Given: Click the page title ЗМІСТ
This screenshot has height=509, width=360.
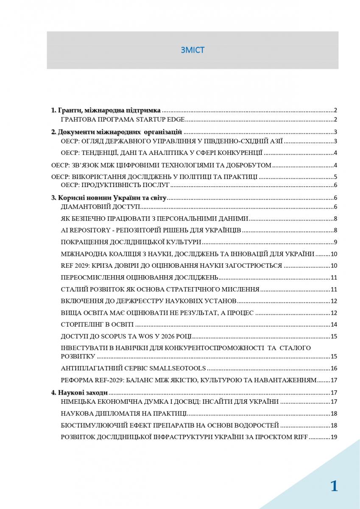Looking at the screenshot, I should click(192, 50).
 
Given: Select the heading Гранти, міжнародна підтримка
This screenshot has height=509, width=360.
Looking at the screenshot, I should click(106, 110).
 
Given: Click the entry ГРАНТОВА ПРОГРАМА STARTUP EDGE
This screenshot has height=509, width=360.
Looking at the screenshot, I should click(122, 120).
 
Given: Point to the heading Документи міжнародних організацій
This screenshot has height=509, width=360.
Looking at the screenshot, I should click(117, 132).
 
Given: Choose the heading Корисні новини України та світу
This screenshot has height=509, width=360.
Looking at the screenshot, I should click(109, 198).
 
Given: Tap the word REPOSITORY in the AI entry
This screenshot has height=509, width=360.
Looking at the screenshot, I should click(89, 230).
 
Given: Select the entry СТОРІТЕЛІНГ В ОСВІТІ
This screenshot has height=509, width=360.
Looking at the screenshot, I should click(97, 324).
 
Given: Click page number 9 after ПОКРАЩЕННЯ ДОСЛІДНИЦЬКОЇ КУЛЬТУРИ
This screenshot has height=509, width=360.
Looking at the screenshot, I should click(335, 242).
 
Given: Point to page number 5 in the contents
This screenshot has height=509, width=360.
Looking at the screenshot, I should click(335, 177).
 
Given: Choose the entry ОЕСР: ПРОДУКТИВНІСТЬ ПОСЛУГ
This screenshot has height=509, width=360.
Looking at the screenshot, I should click(115, 185).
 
